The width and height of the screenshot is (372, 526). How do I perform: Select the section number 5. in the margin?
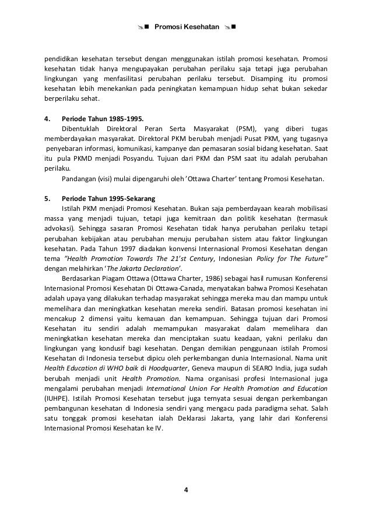(48, 198)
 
